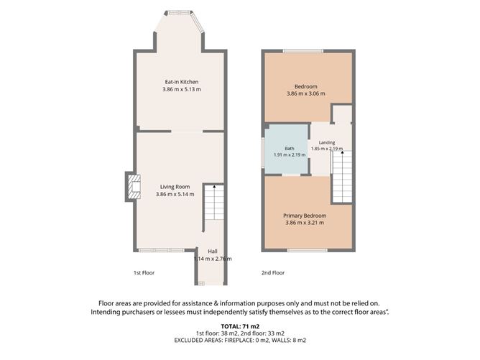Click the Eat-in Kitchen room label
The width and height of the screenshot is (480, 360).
182,82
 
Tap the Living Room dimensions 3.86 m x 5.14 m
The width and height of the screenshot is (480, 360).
175,194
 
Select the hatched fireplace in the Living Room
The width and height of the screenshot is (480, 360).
134,187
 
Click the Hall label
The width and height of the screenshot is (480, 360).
213,251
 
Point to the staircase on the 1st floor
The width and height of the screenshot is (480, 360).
214,202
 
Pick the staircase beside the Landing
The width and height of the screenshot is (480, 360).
342,177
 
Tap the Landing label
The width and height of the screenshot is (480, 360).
327,142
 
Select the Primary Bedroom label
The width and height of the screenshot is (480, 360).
305,216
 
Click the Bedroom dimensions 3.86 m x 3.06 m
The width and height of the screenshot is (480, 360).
306,93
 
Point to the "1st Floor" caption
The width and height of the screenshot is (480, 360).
144,273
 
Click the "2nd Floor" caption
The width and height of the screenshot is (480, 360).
273,273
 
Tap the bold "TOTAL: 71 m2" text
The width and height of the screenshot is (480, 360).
240,326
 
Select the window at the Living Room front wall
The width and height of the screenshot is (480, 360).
162,250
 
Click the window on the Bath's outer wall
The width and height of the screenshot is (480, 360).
263,153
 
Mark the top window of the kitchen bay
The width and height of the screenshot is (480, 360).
178,12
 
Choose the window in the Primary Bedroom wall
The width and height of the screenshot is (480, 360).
308,250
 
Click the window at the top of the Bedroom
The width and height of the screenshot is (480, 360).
303,51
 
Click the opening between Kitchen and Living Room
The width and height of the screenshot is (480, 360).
187,131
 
